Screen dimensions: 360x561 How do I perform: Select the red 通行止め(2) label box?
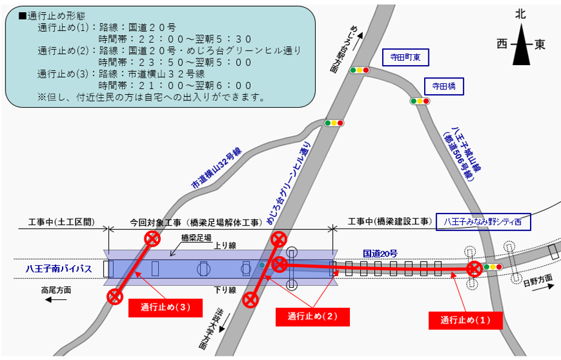(x=312, y=316)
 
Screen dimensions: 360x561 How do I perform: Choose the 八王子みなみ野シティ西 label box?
(x=484, y=222)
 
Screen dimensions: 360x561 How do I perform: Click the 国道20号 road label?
(x=380, y=252)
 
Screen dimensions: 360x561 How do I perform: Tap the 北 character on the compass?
(x=520, y=13)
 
